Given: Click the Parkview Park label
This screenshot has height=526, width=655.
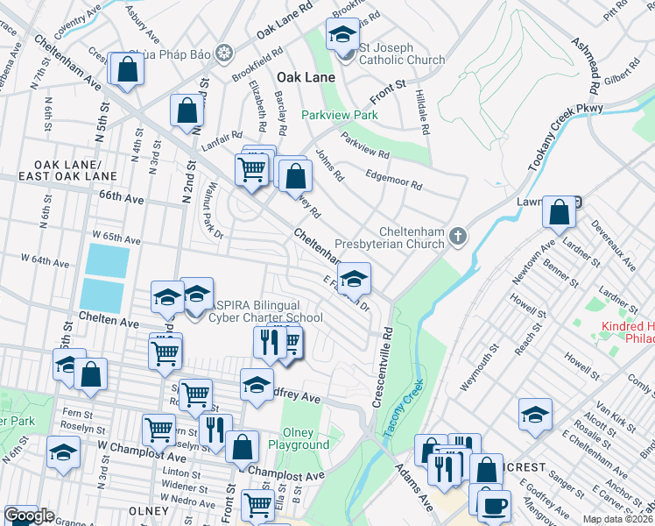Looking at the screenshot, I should [x=340, y=115].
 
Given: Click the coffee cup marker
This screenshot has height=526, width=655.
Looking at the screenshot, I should [x=495, y=506].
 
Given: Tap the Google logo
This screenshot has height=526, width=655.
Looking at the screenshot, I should [x=29, y=516].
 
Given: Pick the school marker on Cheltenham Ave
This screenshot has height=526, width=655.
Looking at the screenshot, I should [x=353, y=279].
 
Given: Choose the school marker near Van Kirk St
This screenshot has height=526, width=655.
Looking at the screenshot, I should [x=535, y=415].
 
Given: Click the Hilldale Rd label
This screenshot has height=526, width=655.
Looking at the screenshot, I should [x=421, y=115].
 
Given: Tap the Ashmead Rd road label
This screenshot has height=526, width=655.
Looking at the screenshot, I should [x=586, y=59].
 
